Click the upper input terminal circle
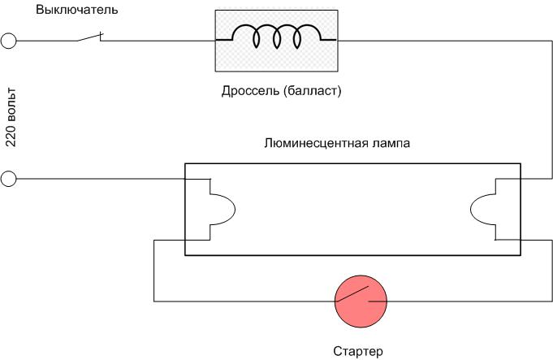9,41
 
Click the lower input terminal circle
9,179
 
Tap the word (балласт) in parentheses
312,91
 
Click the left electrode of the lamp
220,209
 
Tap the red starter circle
362,301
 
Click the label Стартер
357,351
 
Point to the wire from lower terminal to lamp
97,179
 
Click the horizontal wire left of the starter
244,301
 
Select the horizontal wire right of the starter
463,301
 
